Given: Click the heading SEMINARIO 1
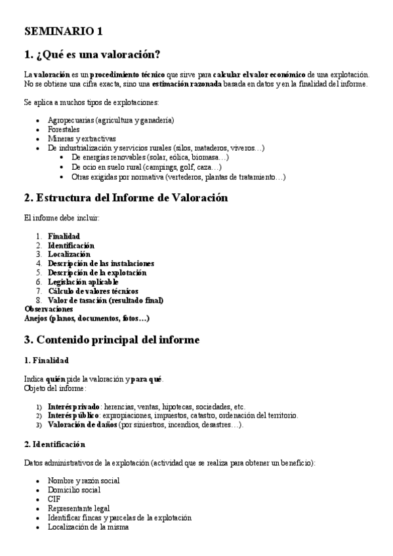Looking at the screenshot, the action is (x=63, y=31).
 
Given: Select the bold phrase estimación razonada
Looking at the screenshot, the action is (x=187, y=84).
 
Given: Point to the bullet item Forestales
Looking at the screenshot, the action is (x=64, y=130).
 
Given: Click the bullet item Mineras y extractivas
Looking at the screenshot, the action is (x=81, y=139).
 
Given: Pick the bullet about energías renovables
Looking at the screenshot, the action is (x=150, y=158).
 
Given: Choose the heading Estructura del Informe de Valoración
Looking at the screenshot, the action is (x=126, y=198).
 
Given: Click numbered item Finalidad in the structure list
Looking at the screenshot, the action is (x=64, y=236).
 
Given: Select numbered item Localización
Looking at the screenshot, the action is (x=69, y=254).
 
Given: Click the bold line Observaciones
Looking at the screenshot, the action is (x=49, y=309).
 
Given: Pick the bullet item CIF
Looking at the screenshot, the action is (x=54, y=499).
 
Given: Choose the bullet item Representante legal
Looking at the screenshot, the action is (x=79, y=508).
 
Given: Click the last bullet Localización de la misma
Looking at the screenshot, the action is (x=88, y=527).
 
